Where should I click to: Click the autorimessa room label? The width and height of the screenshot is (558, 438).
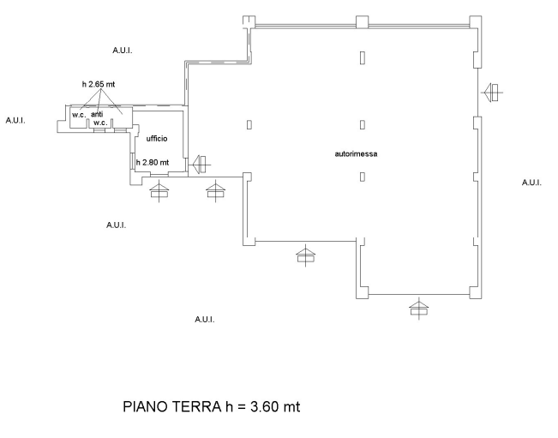[356, 154]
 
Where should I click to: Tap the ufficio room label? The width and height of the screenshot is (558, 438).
[157, 138]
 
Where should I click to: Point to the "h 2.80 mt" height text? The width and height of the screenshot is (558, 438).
[153, 163]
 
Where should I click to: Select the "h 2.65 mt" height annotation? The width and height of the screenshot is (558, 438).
[99, 84]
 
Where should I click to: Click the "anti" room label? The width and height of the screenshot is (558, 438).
[97, 114]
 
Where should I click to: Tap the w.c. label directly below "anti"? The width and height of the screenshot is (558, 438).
[100, 123]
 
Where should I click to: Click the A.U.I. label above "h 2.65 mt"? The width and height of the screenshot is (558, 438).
[123, 51]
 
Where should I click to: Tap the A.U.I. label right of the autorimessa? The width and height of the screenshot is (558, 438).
[531, 183]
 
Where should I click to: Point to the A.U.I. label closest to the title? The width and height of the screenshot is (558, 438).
[205, 320]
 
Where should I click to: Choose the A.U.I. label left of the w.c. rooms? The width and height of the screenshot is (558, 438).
[15, 120]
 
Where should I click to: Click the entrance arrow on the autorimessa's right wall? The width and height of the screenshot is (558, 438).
[492, 93]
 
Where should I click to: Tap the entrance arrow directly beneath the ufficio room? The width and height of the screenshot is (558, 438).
[159, 190]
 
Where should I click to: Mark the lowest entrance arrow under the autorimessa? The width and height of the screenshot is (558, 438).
[419, 308]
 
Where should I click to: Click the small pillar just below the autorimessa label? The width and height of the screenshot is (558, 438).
[363, 177]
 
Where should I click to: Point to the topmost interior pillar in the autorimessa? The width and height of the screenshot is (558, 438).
[363, 57]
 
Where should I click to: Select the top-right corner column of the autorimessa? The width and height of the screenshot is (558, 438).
[476, 21]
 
